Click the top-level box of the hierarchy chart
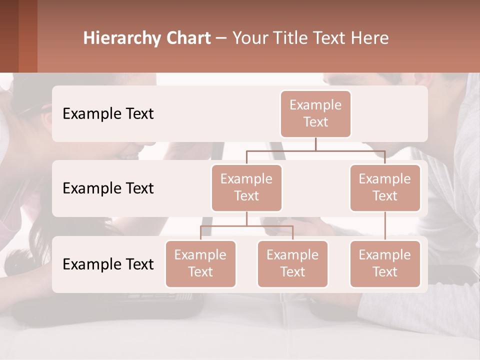pos(315,113)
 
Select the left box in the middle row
pos(246,187)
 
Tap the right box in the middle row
pos(385,187)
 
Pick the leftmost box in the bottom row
pos(200,263)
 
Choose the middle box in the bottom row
pos(292,263)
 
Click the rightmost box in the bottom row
pos(385,263)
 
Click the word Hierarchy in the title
pos(122,38)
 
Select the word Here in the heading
pos(370,38)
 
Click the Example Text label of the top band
pos(108,113)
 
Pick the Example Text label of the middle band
pos(108,188)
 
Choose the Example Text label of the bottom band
pos(108,264)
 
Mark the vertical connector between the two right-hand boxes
pos(385,226)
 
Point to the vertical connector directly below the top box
pos(315,144)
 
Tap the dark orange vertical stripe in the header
pos(28,36)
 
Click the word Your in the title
pos(250,38)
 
